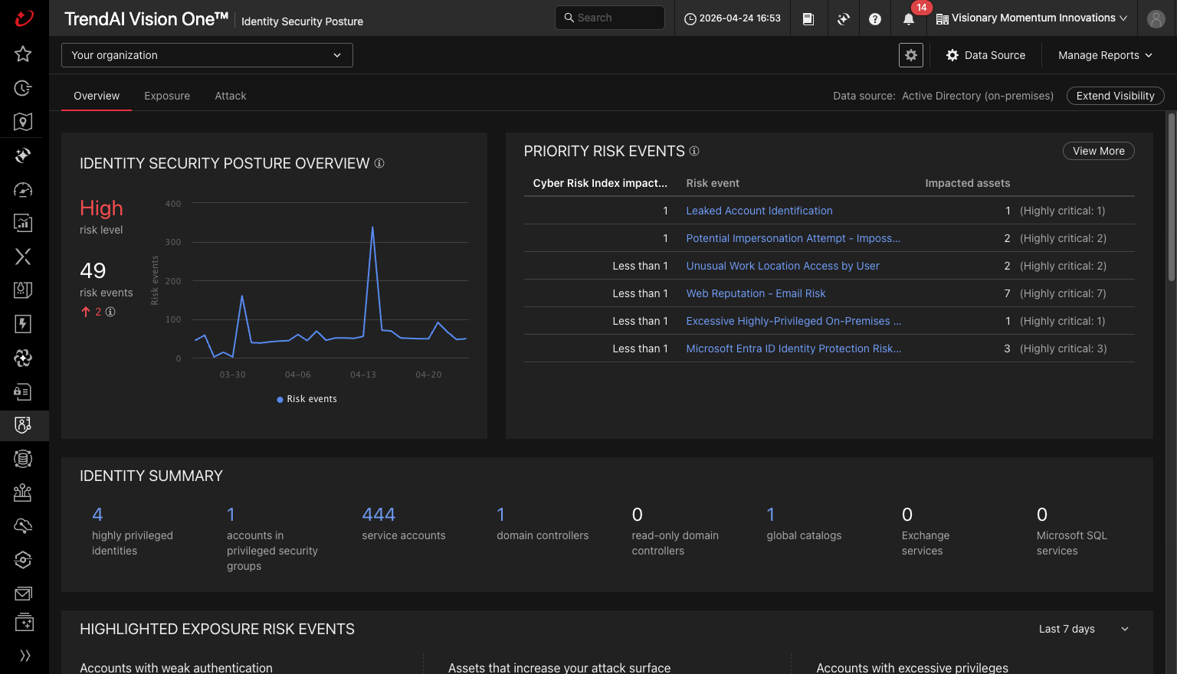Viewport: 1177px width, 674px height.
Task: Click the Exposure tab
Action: [x=167, y=96]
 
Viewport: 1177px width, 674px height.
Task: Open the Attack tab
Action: [x=230, y=96]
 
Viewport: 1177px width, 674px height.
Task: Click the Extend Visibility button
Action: [x=1115, y=96]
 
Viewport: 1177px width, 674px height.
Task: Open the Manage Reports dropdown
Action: [x=1105, y=55]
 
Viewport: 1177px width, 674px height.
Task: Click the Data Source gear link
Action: [x=985, y=55]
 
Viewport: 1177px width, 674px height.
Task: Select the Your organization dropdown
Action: [x=207, y=55]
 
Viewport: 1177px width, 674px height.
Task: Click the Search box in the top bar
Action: [x=609, y=18]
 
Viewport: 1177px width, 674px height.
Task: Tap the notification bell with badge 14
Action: [x=909, y=19]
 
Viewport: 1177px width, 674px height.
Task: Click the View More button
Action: [x=1098, y=151]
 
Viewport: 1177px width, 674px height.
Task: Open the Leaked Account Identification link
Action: [x=759, y=211]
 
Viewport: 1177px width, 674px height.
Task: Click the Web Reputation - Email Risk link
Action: [x=756, y=293]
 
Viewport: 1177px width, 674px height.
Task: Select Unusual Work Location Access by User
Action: [x=782, y=266]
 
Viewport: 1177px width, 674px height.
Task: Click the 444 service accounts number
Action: [x=379, y=514]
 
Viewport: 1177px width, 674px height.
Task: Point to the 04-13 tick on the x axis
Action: [x=363, y=375]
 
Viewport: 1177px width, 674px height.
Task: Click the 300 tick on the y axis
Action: [x=173, y=242]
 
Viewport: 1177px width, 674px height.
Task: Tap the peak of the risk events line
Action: [x=372, y=227]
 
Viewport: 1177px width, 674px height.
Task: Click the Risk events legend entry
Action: [x=307, y=399]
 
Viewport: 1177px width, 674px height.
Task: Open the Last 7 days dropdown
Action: [x=1084, y=629]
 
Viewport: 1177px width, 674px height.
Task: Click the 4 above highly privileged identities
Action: [x=97, y=514]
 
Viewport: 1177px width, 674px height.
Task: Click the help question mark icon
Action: [x=875, y=19]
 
